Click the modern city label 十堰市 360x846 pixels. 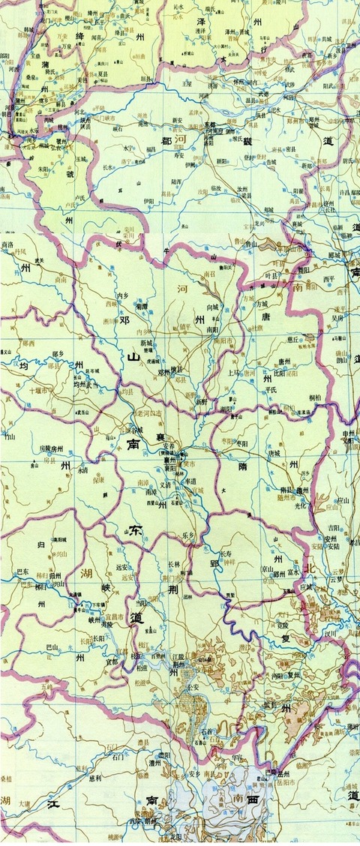[38, 390]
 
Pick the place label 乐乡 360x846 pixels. [188, 535]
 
